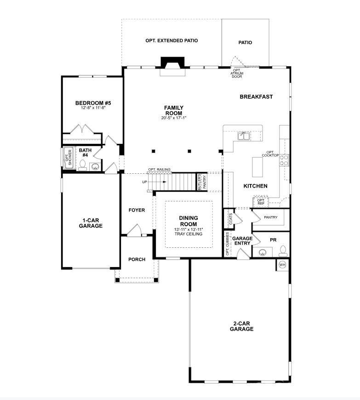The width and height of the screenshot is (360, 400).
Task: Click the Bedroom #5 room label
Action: point(93,103)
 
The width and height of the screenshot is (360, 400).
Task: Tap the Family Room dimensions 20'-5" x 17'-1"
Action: point(173,118)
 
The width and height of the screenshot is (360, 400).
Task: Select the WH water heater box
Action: point(282,265)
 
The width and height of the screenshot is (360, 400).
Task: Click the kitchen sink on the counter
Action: point(243,136)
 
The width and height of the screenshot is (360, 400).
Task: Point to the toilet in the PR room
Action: point(283,251)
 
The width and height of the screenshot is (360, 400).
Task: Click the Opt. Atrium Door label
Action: point(237,73)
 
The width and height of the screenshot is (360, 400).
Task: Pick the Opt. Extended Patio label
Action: point(171,40)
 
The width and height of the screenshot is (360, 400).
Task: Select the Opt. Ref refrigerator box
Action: point(261,201)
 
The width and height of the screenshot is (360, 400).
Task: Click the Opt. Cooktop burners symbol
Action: point(285,160)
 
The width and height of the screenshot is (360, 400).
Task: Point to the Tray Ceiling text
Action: point(188,234)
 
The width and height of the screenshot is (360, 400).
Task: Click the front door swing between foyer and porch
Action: point(135,231)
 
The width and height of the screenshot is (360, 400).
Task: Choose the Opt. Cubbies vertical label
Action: point(228,244)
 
